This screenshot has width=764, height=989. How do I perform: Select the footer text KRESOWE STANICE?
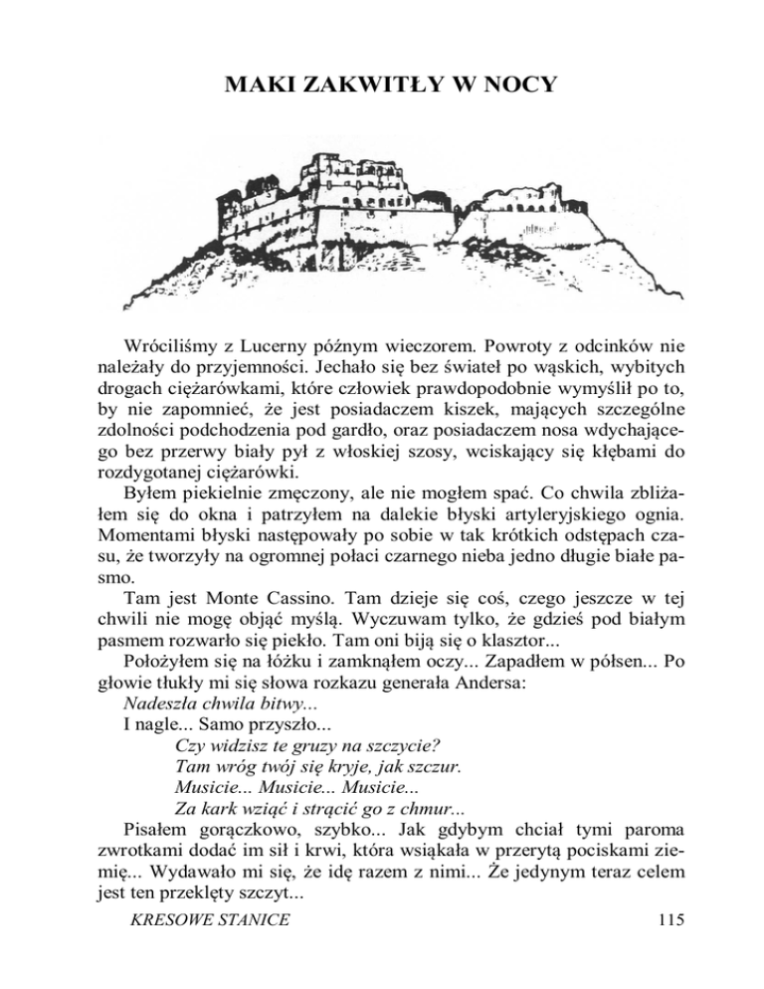[x=204, y=948]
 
